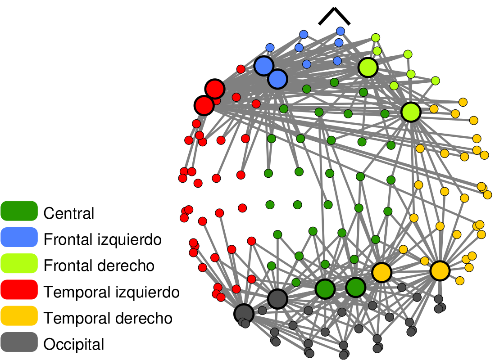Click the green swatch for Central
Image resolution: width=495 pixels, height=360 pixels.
(x=19, y=211)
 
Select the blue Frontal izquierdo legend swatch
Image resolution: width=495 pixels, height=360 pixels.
(x=19, y=237)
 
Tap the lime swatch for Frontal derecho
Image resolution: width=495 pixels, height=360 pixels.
(x=19, y=263)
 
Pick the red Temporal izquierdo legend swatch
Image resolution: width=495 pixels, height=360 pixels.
(x=19, y=290)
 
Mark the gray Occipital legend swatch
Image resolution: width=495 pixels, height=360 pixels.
(x=19, y=342)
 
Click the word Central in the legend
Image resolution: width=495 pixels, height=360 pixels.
(x=69, y=213)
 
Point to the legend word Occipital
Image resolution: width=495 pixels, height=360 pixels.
(x=74, y=345)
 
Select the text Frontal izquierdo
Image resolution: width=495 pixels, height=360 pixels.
(x=102, y=239)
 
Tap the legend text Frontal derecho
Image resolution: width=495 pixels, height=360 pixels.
(x=99, y=265)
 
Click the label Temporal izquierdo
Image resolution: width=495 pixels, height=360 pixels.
(x=112, y=292)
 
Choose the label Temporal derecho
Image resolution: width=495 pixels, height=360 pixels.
(x=108, y=318)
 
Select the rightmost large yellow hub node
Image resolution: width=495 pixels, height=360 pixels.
(x=440, y=270)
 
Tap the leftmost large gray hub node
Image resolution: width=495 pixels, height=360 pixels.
(x=244, y=313)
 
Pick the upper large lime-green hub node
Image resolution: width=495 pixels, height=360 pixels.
(x=368, y=67)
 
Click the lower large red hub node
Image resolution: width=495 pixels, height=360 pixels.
(x=204, y=106)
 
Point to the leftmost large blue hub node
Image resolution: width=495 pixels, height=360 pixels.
(x=264, y=66)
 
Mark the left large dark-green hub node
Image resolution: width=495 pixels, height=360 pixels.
(x=324, y=289)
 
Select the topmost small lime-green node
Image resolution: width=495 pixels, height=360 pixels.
(x=376, y=37)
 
